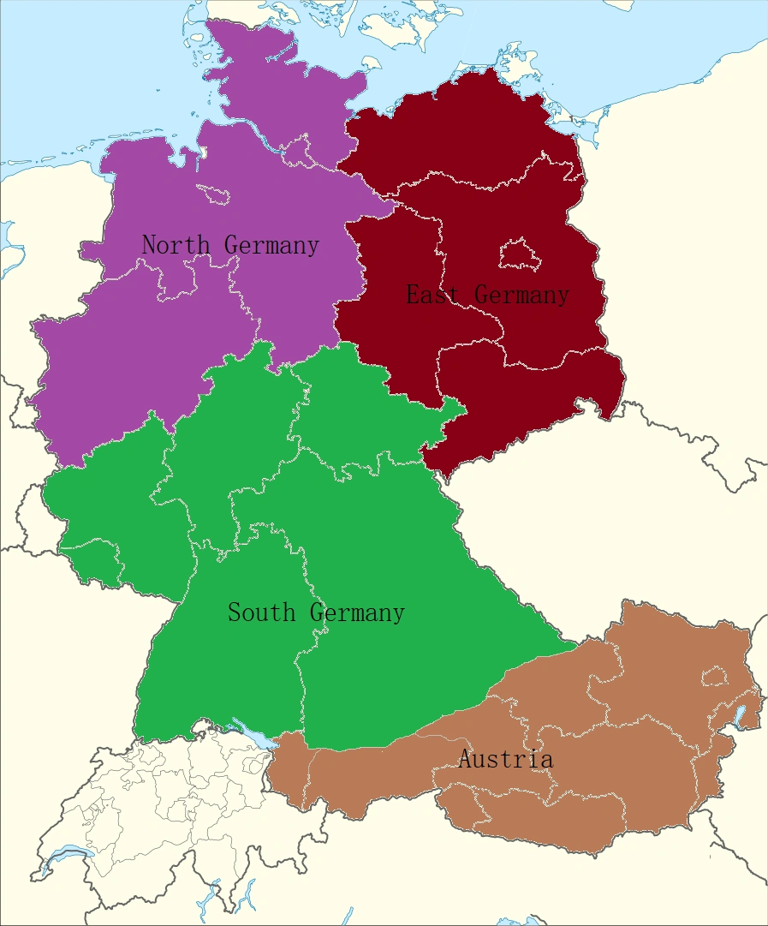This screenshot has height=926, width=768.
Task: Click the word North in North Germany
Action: (x=175, y=245)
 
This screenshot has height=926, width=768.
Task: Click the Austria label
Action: (x=505, y=759)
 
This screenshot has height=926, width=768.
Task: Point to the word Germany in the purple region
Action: (x=272, y=245)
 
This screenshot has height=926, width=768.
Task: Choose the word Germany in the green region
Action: (x=357, y=612)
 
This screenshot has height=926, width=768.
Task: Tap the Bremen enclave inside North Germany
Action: (x=214, y=194)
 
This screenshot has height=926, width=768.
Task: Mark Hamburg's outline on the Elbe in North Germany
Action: (x=297, y=154)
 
